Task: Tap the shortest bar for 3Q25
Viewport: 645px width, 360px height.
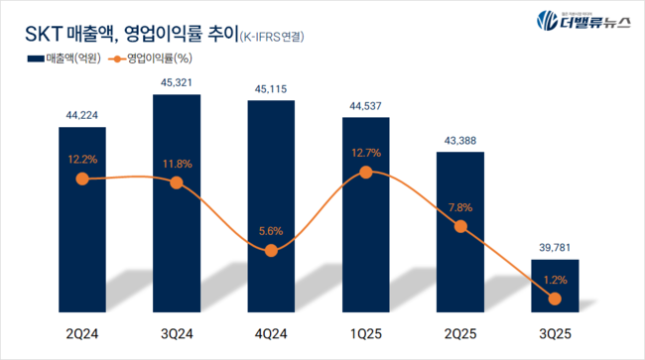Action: click(554, 283)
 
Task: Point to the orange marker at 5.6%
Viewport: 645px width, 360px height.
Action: click(271, 251)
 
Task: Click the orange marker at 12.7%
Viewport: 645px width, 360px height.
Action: click(365, 172)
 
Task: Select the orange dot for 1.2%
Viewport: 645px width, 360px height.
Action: click(554, 299)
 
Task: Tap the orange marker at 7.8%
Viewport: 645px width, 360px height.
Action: click(459, 227)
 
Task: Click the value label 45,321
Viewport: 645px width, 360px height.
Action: click(176, 80)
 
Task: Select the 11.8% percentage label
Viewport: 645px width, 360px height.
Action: click(176, 163)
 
